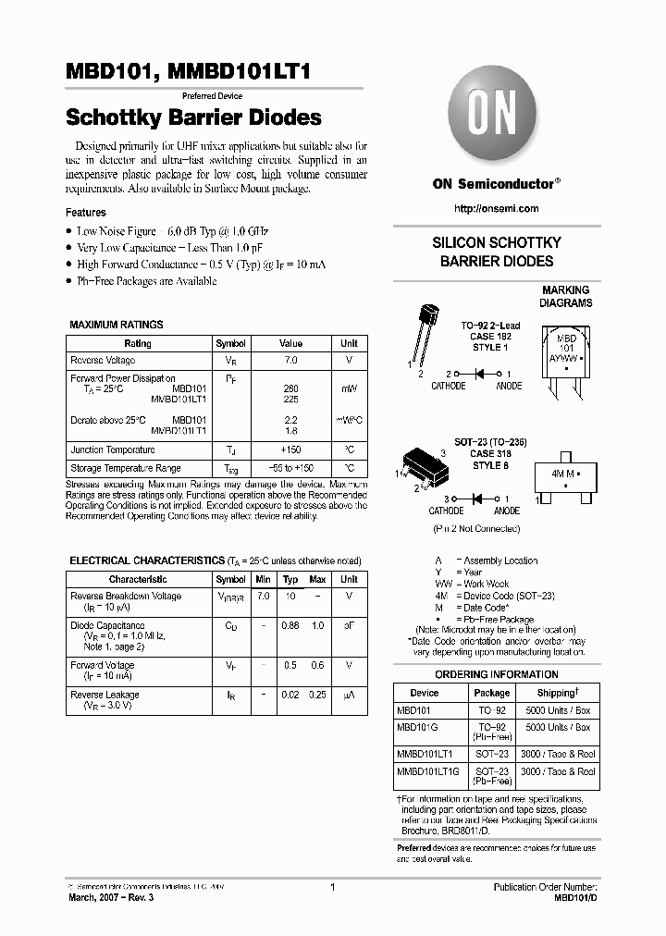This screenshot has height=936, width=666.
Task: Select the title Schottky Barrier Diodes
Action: (x=193, y=117)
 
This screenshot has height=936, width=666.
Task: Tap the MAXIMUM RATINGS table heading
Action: (x=117, y=325)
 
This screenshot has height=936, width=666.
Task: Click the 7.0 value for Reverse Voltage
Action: (x=290, y=360)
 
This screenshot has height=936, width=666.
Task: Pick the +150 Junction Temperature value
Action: (x=290, y=450)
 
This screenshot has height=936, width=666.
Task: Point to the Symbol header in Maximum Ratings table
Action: (x=230, y=343)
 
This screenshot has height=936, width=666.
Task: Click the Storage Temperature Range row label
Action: (x=126, y=468)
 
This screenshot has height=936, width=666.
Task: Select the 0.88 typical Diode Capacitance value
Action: (x=290, y=626)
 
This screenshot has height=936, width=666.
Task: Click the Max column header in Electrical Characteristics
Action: (x=317, y=579)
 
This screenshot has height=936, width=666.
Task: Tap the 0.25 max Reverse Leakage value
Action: (x=317, y=695)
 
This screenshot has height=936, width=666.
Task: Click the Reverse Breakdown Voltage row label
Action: (x=126, y=597)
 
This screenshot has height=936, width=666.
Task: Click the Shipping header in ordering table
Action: (x=559, y=693)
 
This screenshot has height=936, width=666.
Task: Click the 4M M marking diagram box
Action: (x=564, y=474)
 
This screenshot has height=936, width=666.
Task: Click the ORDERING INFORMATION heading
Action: (x=496, y=674)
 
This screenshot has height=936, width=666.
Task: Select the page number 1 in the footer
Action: (x=331, y=887)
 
